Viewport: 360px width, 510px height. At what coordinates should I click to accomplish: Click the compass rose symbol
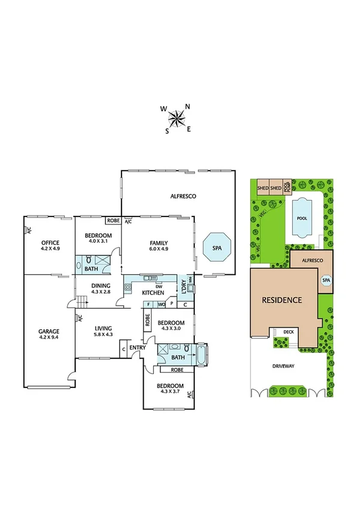177,118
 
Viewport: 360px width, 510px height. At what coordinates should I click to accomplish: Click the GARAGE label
48,331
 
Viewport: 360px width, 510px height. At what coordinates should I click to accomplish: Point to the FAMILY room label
159,242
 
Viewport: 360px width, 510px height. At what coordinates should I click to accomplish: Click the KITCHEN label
153,292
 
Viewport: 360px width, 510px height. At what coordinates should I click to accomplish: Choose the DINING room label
102,286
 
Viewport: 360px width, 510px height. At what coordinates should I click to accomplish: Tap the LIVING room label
103,328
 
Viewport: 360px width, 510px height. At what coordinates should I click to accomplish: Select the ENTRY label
138,348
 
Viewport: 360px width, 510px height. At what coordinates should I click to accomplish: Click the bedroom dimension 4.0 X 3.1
98,241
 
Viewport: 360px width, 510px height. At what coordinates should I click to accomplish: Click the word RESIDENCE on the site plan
281,299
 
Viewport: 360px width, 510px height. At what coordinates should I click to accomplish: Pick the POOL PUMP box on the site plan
287,187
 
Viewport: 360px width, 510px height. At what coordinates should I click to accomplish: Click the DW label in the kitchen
158,285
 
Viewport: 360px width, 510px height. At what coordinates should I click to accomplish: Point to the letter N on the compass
188,106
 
